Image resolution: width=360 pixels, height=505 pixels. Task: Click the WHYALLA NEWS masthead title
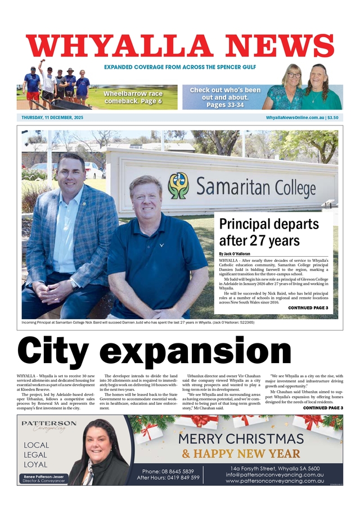(x=180, y=46)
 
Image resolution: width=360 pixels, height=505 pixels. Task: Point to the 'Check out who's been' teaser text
(x=225, y=90)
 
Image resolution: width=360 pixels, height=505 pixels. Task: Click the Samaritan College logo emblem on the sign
(x=179, y=186)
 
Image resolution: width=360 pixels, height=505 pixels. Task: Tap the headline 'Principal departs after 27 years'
(x=269, y=232)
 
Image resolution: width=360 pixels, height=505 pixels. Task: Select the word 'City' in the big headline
(x=65, y=350)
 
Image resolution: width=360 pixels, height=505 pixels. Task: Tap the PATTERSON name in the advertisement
(x=49, y=423)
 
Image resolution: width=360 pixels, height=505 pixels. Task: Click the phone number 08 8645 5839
(x=168, y=471)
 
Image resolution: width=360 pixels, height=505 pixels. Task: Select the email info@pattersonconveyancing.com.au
(x=276, y=475)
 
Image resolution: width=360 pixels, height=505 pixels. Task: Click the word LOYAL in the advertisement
(x=35, y=464)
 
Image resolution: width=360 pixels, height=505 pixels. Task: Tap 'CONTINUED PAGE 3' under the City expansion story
(x=323, y=408)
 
